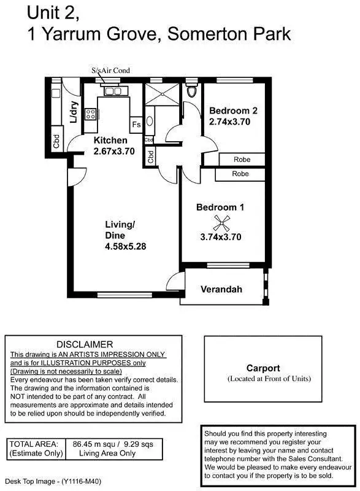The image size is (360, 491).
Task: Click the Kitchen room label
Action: click(110, 141)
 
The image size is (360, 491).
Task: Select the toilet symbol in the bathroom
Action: click(193, 91)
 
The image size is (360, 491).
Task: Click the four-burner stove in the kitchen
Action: click(91, 114)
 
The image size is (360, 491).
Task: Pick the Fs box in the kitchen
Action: click(136, 125)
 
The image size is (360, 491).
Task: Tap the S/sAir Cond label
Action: click(110, 71)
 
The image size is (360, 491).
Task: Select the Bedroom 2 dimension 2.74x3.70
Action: click(229, 122)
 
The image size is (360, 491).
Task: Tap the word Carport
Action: click(263, 368)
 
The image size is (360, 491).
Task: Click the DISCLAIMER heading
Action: click(85, 345)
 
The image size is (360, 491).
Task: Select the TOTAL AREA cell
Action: click(35, 448)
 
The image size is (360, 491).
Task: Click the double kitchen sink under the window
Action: click(113, 91)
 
